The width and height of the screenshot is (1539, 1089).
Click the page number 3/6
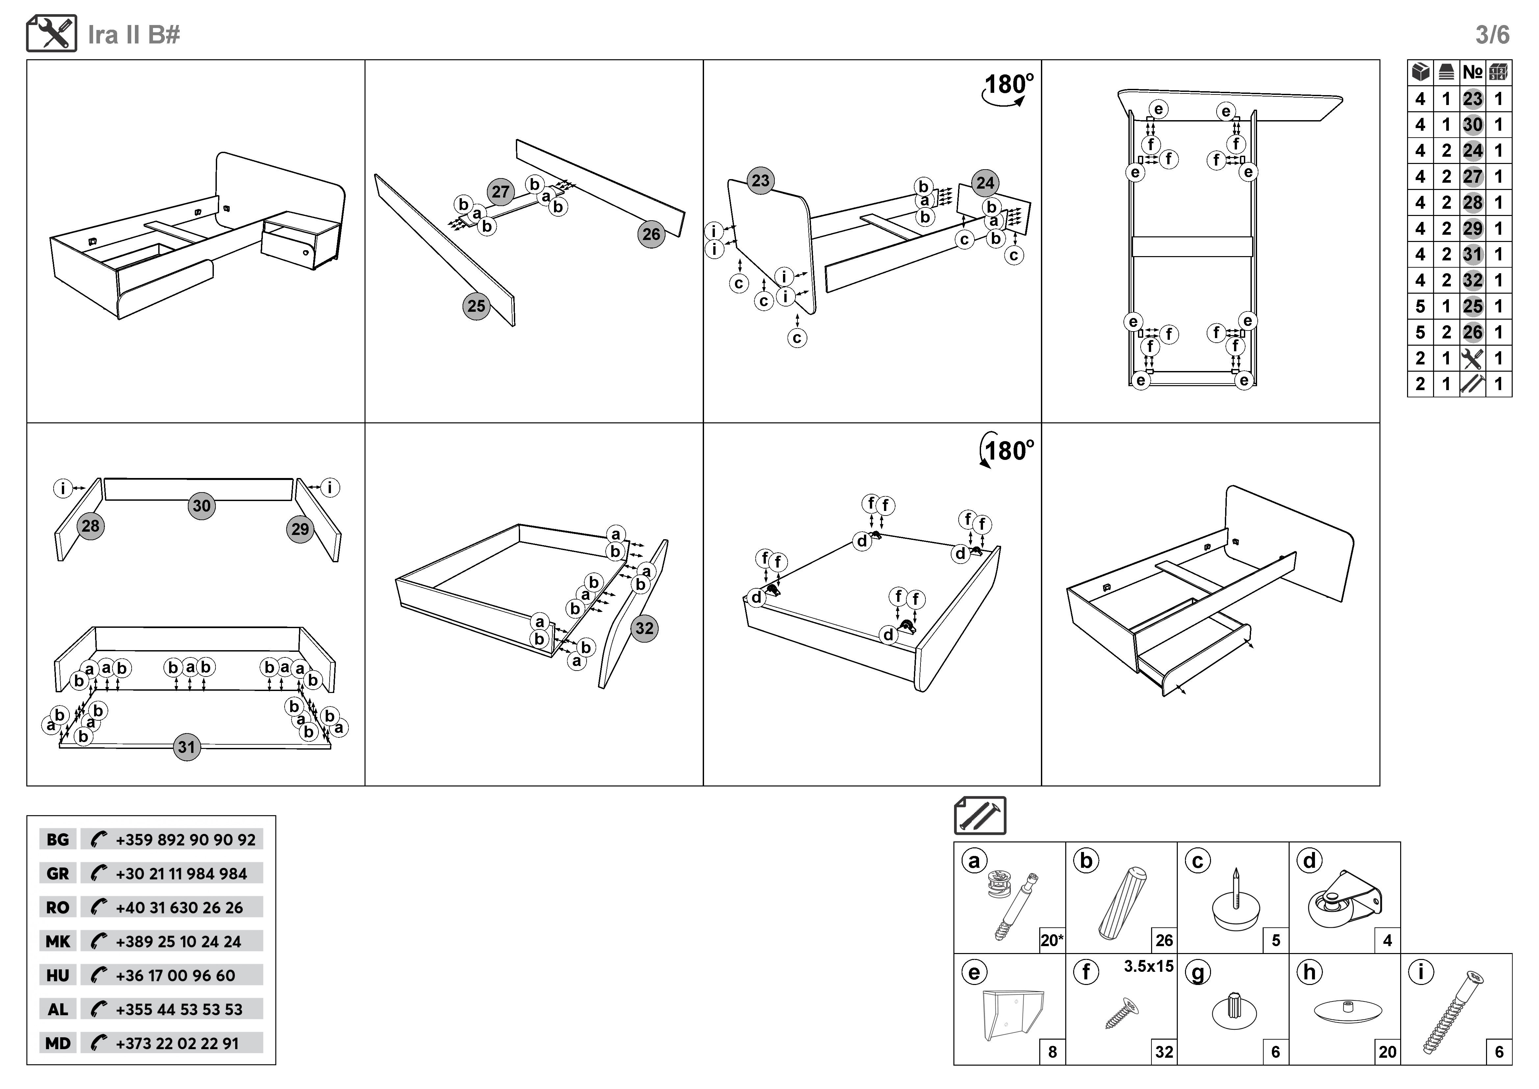tap(1492, 35)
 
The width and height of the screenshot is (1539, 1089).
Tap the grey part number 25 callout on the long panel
tap(476, 306)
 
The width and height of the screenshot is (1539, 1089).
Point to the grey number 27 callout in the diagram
tap(500, 192)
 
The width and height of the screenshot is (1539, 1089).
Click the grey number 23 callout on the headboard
tap(760, 180)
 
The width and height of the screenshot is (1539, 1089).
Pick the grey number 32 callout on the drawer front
tap(644, 628)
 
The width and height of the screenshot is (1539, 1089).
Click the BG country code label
tap(58, 839)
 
